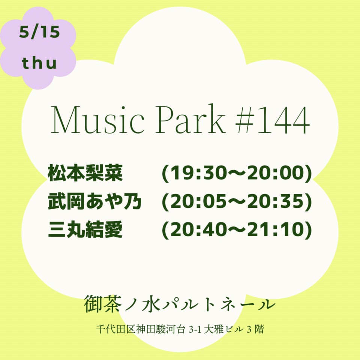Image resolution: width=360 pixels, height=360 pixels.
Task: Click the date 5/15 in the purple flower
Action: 39,32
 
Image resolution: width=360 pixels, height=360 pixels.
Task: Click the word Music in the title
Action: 97,119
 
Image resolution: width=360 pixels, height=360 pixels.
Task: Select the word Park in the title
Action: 190,118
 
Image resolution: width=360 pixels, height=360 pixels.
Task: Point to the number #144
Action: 273,120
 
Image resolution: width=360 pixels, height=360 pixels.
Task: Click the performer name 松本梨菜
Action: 85,173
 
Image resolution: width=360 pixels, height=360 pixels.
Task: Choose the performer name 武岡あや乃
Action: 94,201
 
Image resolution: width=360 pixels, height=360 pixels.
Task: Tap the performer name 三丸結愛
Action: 85,229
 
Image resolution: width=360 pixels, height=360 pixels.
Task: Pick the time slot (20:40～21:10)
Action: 237,229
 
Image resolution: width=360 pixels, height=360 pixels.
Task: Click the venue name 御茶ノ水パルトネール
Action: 180,304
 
